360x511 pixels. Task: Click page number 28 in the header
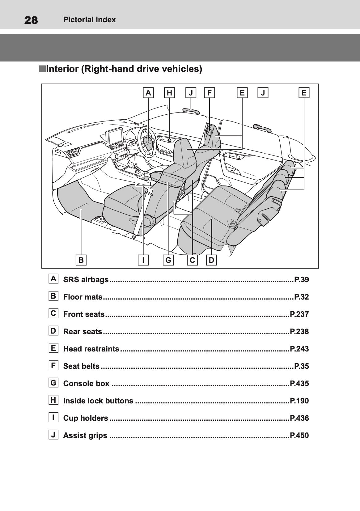(31, 20)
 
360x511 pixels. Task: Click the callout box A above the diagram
(148, 93)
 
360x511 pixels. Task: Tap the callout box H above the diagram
(169, 93)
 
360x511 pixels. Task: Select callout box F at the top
(210, 93)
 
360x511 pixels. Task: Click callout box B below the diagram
(81, 260)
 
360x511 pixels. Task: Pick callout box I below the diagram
(143, 260)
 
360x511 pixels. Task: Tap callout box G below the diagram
(168, 260)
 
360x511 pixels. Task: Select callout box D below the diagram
(211, 260)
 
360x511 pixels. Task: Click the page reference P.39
(301, 280)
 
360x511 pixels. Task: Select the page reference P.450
(299, 436)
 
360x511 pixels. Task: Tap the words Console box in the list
(86, 384)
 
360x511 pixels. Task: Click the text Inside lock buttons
(98, 401)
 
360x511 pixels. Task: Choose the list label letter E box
(53, 348)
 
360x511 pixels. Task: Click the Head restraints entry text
(91, 349)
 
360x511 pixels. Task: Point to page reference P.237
(299, 314)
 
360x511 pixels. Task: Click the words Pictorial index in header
(89, 20)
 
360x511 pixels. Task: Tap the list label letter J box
(53, 435)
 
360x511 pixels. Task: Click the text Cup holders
(86, 418)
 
